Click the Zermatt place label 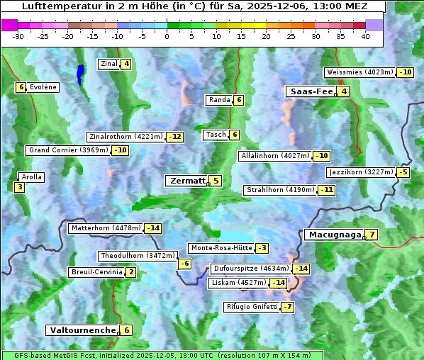coord(186,181)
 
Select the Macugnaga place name coord(333,235)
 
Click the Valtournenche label coord(82,330)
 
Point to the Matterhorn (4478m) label coord(106,228)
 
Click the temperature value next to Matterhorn coord(152,228)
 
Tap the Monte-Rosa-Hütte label coord(221,248)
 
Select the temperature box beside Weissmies coord(406,72)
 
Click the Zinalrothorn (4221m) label coord(125,137)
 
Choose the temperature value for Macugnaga coord(372,235)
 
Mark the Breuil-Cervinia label coord(96,272)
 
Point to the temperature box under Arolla coord(19,188)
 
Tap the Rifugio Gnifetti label coord(251,307)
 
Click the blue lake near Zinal coord(80,73)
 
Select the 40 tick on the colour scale coord(365,36)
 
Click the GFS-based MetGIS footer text coord(162,355)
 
